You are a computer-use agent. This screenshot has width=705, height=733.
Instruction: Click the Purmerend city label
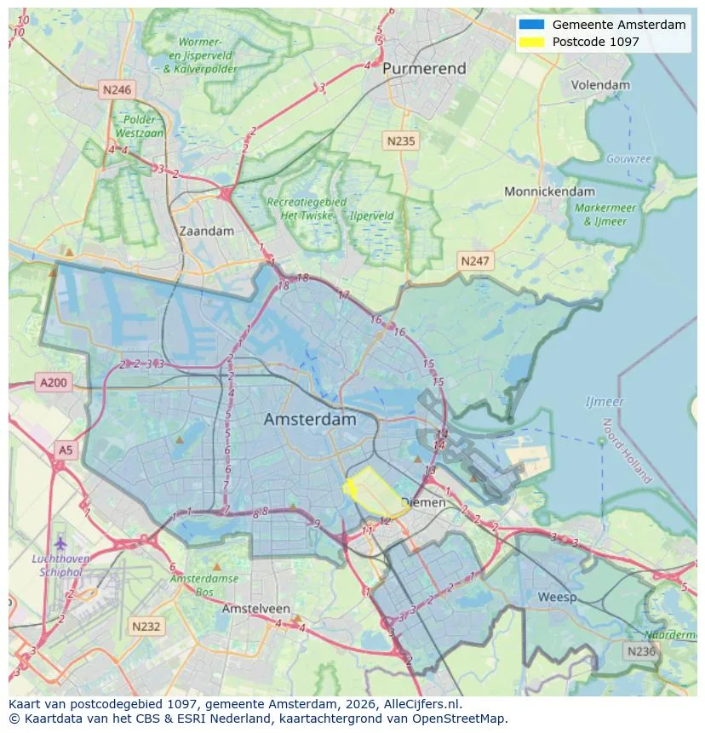[424, 68]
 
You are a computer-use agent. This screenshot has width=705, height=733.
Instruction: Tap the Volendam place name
[600, 85]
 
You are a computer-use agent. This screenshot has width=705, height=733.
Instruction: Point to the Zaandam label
[206, 231]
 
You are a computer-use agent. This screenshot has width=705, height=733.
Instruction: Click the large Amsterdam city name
[310, 420]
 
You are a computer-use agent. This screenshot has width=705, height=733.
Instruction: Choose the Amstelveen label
[256, 609]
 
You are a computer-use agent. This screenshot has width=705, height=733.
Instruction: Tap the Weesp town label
[557, 597]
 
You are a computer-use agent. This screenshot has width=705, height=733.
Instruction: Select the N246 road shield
[116, 89]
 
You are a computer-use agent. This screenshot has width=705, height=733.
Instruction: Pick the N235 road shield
[399, 141]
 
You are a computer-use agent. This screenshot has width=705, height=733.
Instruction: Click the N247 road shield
[474, 261]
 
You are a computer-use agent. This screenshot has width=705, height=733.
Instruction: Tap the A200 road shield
[53, 383]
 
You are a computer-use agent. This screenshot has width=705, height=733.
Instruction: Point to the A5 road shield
[65, 449]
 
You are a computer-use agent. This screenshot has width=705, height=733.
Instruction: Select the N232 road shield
[146, 626]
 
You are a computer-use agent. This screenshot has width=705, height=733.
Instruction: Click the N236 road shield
[640, 650]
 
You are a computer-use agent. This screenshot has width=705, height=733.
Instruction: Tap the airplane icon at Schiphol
[60, 542]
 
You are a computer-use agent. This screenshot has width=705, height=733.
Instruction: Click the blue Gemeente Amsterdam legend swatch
[532, 25]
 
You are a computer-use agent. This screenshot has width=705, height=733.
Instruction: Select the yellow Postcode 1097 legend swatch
[532, 42]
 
